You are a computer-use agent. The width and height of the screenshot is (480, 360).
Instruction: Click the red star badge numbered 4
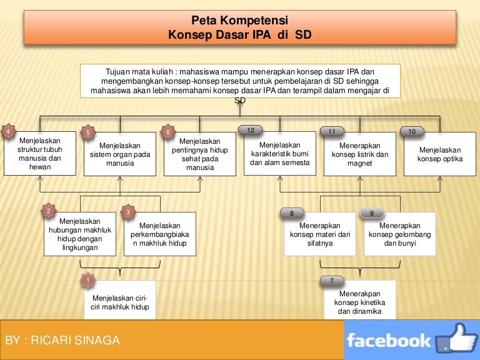click(8, 132)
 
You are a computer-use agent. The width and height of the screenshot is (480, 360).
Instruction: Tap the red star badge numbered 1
click(88, 280)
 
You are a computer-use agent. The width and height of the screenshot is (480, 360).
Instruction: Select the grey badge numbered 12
click(251, 130)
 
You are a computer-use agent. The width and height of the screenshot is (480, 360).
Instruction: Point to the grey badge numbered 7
click(332, 281)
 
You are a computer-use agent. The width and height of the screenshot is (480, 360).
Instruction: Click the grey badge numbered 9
click(372, 213)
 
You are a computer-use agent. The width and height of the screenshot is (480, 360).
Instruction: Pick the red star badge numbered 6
click(167, 132)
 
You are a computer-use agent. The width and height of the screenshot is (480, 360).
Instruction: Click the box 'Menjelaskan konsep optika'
click(440, 154)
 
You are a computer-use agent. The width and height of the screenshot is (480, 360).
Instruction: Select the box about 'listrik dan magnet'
click(360, 154)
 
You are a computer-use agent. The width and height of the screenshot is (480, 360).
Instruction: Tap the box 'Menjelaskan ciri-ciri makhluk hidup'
click(120, 300)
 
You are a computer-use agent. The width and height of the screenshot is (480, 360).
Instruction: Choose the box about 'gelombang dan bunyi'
click(400, 234)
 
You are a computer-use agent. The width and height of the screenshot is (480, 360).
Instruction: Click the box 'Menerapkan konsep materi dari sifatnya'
click(320, 234)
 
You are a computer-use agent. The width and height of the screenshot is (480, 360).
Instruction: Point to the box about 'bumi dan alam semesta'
click(280, 153)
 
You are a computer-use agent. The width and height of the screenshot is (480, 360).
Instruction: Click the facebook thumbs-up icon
click(456, 338)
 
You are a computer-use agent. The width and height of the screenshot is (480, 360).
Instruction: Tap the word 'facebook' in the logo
click(389, 341)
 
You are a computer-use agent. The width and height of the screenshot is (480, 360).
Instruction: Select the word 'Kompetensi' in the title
click(254, 20)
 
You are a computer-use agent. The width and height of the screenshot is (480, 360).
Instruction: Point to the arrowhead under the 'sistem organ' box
click(120, 179)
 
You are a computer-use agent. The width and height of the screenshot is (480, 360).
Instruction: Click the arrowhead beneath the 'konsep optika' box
click(440, 179)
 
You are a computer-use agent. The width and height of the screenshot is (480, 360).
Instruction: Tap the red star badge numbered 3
click(128, 212)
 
